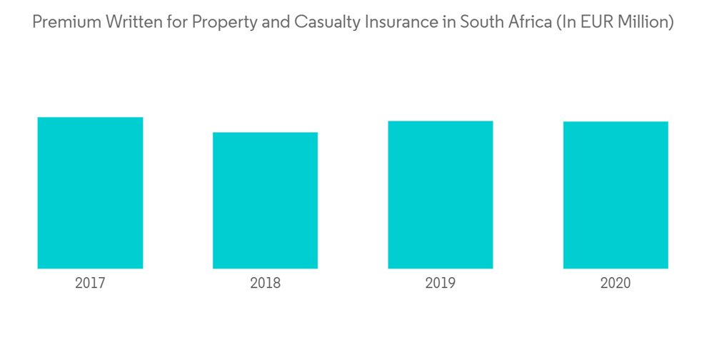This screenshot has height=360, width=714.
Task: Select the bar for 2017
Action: pos(90,193)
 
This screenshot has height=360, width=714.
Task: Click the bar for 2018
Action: pos(265,200)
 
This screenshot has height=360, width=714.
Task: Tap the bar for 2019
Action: pos(441,195)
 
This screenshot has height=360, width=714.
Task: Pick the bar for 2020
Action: pos(615,195)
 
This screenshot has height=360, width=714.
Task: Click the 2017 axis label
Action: pos(90,283)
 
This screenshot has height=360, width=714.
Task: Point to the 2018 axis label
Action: pos(265,283)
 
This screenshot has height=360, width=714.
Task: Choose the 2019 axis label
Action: pos(441,283)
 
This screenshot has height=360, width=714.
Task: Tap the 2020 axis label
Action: pos(615,283)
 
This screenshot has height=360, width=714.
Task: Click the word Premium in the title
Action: pos(66,22)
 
